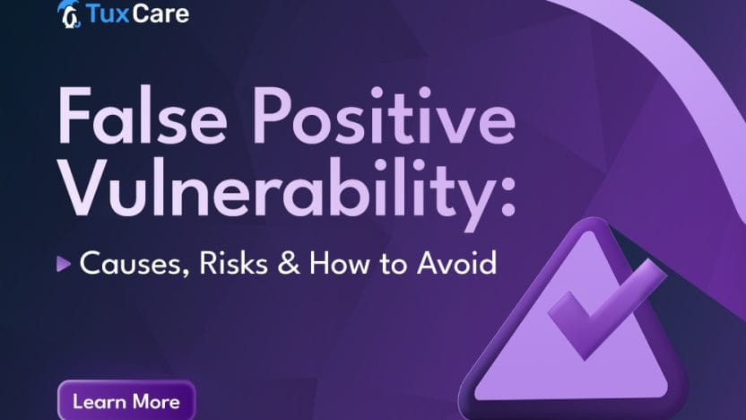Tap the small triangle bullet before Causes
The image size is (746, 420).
(x=63, y=264)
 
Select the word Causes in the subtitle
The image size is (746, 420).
(x=126, y=264)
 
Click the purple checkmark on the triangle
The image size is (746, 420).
(x=596, y=310)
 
